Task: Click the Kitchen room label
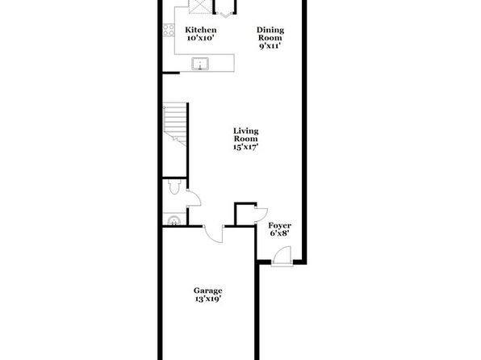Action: (201, 30)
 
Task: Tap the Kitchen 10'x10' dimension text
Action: (201, 38)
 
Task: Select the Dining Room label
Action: (270, 34)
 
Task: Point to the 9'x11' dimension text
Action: (270, 46)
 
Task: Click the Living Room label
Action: (246, 135)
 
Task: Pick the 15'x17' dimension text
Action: (245, 147)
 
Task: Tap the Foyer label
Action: (279, 226)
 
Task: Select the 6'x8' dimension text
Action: (280, 233)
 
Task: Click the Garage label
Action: (207, 291)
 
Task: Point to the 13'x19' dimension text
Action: (207, 299)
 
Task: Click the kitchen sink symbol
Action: (200, 64)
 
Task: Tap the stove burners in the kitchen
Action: (169, 30)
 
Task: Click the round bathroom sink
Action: (174, 221)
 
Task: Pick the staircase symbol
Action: (174, 123)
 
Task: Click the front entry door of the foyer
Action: (282, 256)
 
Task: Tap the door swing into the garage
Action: (213, 234)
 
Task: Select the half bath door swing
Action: (194, 198)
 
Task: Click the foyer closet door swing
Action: (261, 215)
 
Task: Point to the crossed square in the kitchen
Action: (199, 6)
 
